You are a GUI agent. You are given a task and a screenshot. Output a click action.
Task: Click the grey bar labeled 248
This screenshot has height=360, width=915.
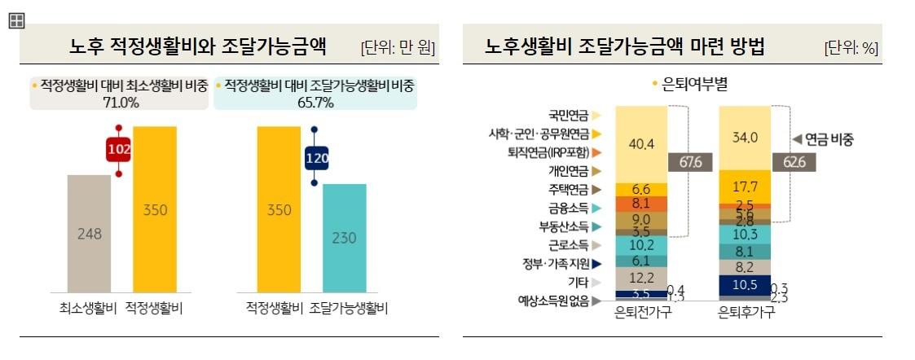click(89, 234)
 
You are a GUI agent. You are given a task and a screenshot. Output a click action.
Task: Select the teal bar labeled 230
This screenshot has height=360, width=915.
click(345, 238)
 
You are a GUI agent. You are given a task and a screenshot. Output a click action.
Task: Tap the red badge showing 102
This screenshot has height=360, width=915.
click(119, 151)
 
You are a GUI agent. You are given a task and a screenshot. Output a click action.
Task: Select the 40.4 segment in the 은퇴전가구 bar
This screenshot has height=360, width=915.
click(643, 144)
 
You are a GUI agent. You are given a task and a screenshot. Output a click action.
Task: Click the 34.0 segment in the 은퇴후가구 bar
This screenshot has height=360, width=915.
click(746, 138)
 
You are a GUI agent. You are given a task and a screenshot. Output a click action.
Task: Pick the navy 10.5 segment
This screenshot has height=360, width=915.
click(746, 284)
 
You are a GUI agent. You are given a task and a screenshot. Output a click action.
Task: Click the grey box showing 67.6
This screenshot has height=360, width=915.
click(685, 162)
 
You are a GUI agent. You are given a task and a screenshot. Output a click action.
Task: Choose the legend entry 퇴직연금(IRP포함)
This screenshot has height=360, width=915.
click(553, 152)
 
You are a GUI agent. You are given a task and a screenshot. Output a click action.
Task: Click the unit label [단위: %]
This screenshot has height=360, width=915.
click(851, 48)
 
